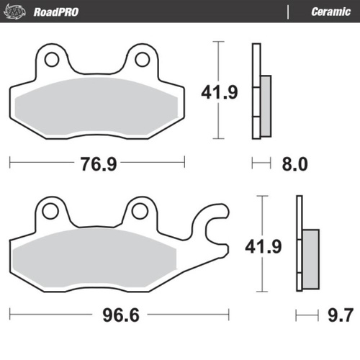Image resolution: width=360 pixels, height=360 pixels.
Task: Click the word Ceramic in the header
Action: tap(330, 12)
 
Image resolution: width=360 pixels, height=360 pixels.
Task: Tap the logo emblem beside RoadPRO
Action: tap(19, 12)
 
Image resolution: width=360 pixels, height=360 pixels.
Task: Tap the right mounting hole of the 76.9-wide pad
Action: tap(142, 58)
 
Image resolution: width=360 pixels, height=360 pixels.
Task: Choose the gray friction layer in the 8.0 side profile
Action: tap(265, 106)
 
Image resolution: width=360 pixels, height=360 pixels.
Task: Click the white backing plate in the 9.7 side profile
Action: tap(298, 243)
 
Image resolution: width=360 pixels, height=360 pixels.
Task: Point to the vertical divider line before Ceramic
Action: tap(289, 12)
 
